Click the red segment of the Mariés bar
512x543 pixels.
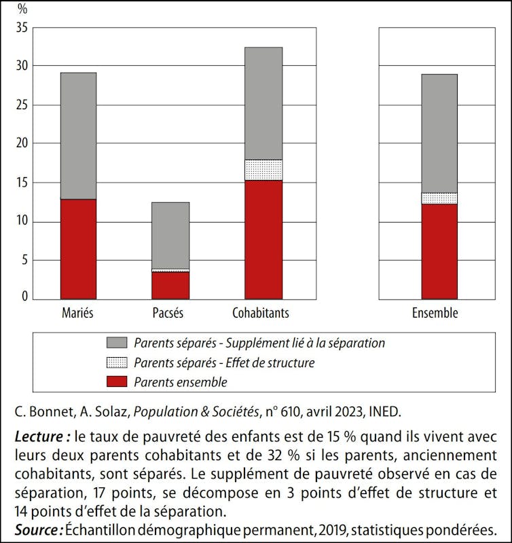pyautogui.click(x=78, y=248)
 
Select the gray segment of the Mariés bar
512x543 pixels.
pyautogui.click(x=78, y=136)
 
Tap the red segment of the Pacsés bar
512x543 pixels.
pyautogui.click(x=171, y=285)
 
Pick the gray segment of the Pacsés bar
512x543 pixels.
pyautogui.click(x=171, y=236)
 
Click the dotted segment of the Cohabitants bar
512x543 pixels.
pyautogui.click(x=263, y=170)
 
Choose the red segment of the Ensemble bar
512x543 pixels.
pyautogui.click(x=439, y=251)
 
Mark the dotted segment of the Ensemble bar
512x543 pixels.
pyautogui.click(x=439, y=198)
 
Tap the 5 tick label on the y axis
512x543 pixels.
pyautogui.click(x=24, y=260)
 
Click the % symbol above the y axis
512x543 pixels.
pyautogui.click(x=22, y=10)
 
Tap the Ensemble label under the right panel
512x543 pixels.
pyautogui.click(x=435, y=314)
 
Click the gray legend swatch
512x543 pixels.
pyautogui.click(x=116, y=343)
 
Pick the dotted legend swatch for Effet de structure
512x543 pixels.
pyautogui.click(x=116, y=363)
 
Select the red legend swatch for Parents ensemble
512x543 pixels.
pyautogui.click(x=116, y=382)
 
